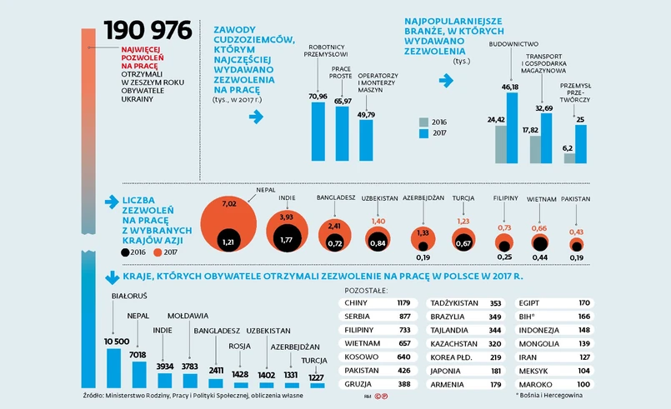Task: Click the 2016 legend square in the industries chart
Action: click(x=424, y=122)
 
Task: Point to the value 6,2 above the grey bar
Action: click(x=568, y=147)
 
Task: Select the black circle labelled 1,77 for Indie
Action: click(x=287, y=240)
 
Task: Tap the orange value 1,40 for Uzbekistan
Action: click(x=378, y=220)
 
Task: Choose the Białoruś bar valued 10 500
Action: click(x=117, y=367)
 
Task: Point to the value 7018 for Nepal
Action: click(x=138, y=353)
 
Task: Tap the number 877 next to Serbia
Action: click(x=404, y=317)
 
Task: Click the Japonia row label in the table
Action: click(x=448, y=371)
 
